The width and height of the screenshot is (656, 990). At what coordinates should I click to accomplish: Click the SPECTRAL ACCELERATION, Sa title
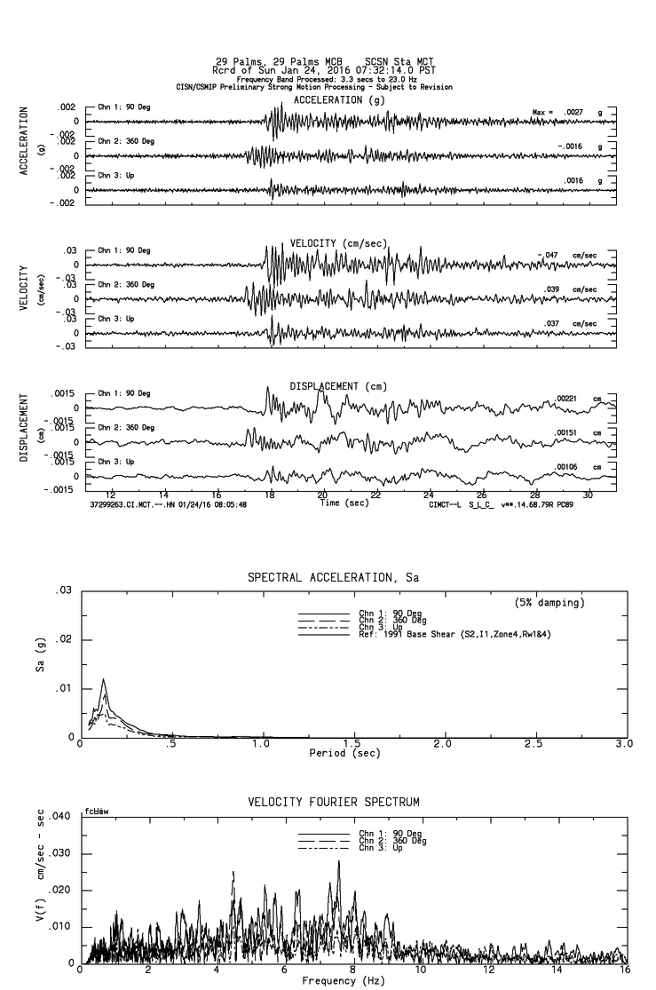[x=333, y=577]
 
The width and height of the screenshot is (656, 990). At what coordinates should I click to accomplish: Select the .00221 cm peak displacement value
[x=572, y=399]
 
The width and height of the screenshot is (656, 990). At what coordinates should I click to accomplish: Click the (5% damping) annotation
[x=549, y=603]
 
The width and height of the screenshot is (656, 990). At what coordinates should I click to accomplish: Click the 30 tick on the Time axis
[x=588, y=494]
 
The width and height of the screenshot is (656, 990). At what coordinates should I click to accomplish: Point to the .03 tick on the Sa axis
[x=65, y=590]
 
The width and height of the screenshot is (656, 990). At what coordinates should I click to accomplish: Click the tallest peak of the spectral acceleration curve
[x=104, y=679]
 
